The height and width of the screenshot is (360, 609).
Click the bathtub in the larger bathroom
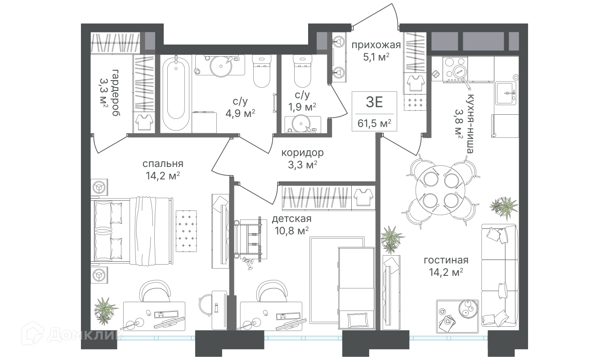click(x=176, y=94)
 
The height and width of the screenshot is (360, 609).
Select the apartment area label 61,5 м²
click(x=374, y=124)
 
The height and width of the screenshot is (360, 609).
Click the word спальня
click(x=163, y=164)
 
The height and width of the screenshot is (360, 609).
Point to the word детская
click(x=292, y=219)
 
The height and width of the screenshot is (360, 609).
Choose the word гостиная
click(x=446, y=261)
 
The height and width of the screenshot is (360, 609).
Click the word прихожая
click(x=376, y=45)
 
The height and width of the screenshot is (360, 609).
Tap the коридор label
click(x=303, y=153)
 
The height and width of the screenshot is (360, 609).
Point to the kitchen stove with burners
click(x=455, y=69)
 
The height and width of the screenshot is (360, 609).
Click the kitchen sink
click(x=506, y=93)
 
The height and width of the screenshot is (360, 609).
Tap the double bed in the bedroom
click(x=133, y=230)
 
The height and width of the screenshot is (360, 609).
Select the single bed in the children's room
click(x=356, y=288)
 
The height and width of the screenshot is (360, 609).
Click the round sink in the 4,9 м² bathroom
click(x=221, y=65)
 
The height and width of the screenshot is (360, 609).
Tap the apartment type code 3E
click(x=374, y=102)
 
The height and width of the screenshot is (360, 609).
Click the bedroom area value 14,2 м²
click(x=163, y=176)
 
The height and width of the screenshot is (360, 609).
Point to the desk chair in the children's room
click(x=272, y=291)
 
